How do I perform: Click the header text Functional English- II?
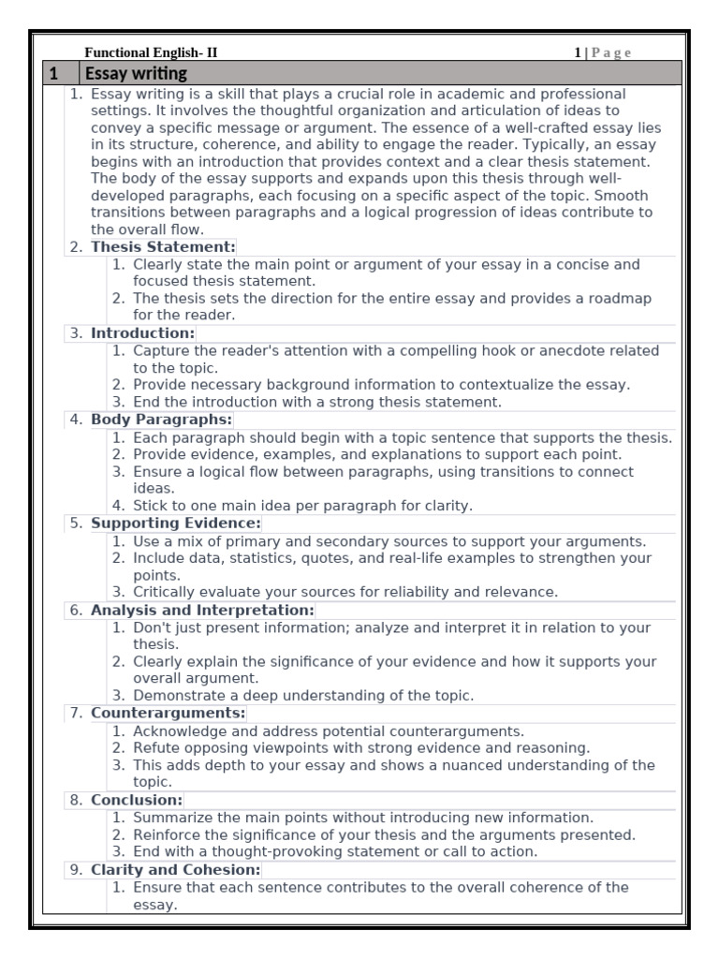(x=151, y=53)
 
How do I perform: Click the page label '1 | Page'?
(x=602, y=53)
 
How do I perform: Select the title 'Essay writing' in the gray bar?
(x=136, y=73)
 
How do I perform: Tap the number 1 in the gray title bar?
(x=54, y=73)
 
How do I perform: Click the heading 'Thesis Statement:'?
(x=163, y=247)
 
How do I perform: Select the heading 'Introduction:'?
(x=142, y=333)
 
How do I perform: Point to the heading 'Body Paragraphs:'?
(x=161, y=420)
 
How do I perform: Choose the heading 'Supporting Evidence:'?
(x=175, y=524)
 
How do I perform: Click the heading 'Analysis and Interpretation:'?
(x=202, y=610)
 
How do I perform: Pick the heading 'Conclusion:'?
(x=137, y=800)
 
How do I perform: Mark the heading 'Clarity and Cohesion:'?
(x=175, y=869)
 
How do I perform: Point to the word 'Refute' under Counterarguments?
(x=156, y=748)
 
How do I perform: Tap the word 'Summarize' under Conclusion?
(x=170, y=818)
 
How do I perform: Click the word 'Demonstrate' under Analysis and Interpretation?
(x=176, y=696)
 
